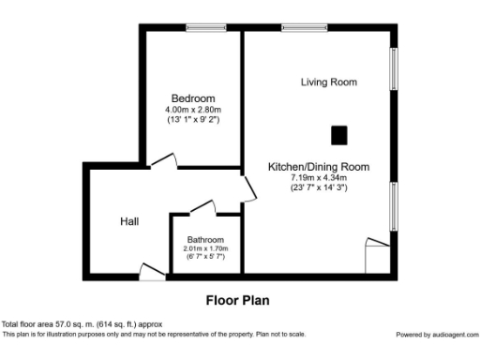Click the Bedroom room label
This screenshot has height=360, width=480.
tap(193, 98)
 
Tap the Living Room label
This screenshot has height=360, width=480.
tap(328, 82)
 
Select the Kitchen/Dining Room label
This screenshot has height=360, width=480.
tap(319, 167)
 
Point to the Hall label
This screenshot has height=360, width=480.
tap(130, 221)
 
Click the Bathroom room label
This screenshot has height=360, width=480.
tap(205, 239)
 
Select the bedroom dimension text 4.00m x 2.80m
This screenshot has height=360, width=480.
tap(193, 110)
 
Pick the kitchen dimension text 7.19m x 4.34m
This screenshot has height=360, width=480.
tap(319, 177)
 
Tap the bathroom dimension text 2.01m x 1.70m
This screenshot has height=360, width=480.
tap(205, 247)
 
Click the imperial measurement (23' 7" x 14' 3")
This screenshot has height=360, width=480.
tap(319, 187)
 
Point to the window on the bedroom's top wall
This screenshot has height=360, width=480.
tap(206, 27)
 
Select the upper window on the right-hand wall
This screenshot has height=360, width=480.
tap(395, 71)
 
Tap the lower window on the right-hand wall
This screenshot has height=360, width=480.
tap(395, 204)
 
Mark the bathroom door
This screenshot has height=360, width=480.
tap(201, 209)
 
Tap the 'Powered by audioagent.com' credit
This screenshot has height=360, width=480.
tap(436, 335)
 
